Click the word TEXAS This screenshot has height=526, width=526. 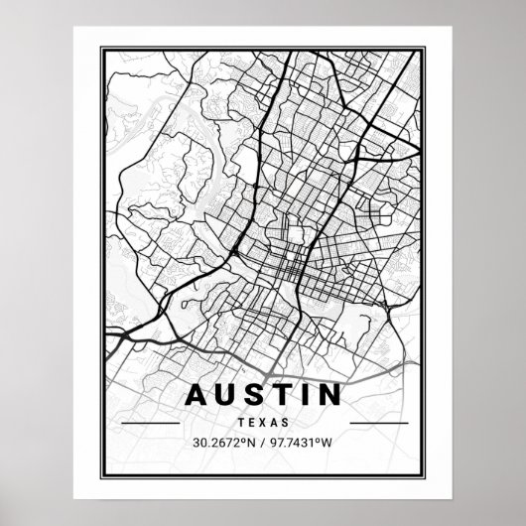[x=263, y=421]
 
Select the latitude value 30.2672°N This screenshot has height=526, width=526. [x=224, y=442]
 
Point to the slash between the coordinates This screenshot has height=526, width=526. [x=263, y=442]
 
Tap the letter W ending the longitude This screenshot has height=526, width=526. [x=331, y=442]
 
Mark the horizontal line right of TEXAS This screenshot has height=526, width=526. [x=378, y=422]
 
